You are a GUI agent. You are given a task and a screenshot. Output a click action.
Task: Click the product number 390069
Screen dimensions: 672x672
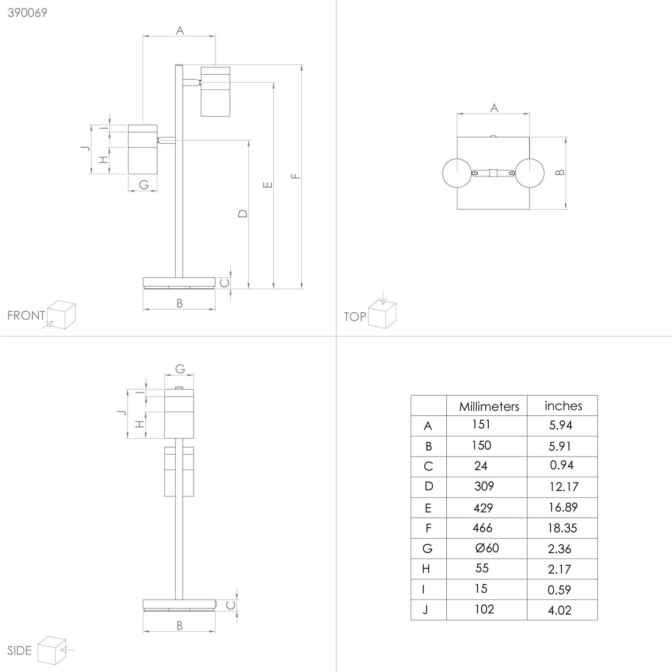(27, 13)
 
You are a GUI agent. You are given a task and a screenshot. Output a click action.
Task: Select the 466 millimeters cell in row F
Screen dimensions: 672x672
(482, 528)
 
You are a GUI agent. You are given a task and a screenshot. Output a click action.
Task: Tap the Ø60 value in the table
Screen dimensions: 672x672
(487, 548)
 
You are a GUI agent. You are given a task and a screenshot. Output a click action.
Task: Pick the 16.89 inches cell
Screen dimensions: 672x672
(562, 507)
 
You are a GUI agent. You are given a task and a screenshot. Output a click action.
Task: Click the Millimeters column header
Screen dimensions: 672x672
(489, 406)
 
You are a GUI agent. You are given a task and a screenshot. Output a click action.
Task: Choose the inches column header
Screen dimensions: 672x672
(563, 405)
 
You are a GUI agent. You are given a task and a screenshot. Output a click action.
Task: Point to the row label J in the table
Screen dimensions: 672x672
(425, 610)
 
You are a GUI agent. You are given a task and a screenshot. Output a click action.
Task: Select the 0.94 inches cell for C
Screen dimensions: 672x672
(562, 465)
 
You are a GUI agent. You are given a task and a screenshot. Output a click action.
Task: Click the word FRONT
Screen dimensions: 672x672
(26, 315)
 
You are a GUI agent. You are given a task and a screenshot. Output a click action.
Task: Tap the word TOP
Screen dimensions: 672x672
(355, 317)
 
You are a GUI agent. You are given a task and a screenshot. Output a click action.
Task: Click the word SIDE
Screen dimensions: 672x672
(20, 650)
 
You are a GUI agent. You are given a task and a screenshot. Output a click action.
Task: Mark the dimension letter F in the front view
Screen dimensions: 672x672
(295, 176)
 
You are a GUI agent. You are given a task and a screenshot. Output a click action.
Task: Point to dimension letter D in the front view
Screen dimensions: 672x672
(242, 214)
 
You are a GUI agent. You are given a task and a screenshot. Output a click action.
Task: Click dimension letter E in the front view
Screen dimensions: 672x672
(267, 185)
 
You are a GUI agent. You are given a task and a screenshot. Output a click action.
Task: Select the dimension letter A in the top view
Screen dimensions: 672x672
(494, 108)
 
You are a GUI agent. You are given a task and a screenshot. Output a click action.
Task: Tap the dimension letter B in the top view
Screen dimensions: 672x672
(560, 172)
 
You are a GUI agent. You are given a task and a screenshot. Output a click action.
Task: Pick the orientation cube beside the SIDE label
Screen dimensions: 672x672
(52, 650)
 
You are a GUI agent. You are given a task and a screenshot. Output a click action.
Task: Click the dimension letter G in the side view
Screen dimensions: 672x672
(180, 369)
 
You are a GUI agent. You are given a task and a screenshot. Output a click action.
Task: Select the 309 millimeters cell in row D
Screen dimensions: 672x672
(484, 486)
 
